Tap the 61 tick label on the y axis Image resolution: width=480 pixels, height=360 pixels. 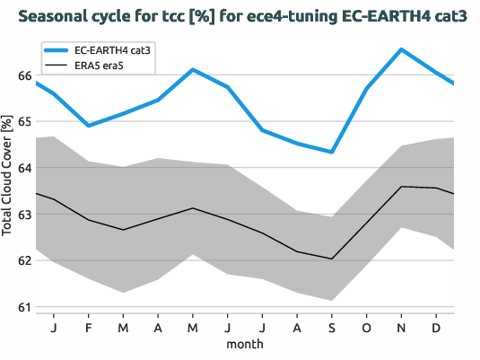click(x=24, y=307)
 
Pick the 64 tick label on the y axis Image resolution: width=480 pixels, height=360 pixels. click(x=24, y=168)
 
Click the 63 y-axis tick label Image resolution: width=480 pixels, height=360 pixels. click(x=24, y=215)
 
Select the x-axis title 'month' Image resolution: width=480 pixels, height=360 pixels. click(x=244, y=344)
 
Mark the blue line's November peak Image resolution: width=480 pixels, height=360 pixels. click(x=401, y=49)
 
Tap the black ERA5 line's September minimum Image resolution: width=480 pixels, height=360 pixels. click(x=332, y=259)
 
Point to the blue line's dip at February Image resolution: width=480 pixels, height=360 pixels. click(x=88, y=126)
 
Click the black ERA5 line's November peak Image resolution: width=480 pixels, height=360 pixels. click(x=401, y=187)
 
